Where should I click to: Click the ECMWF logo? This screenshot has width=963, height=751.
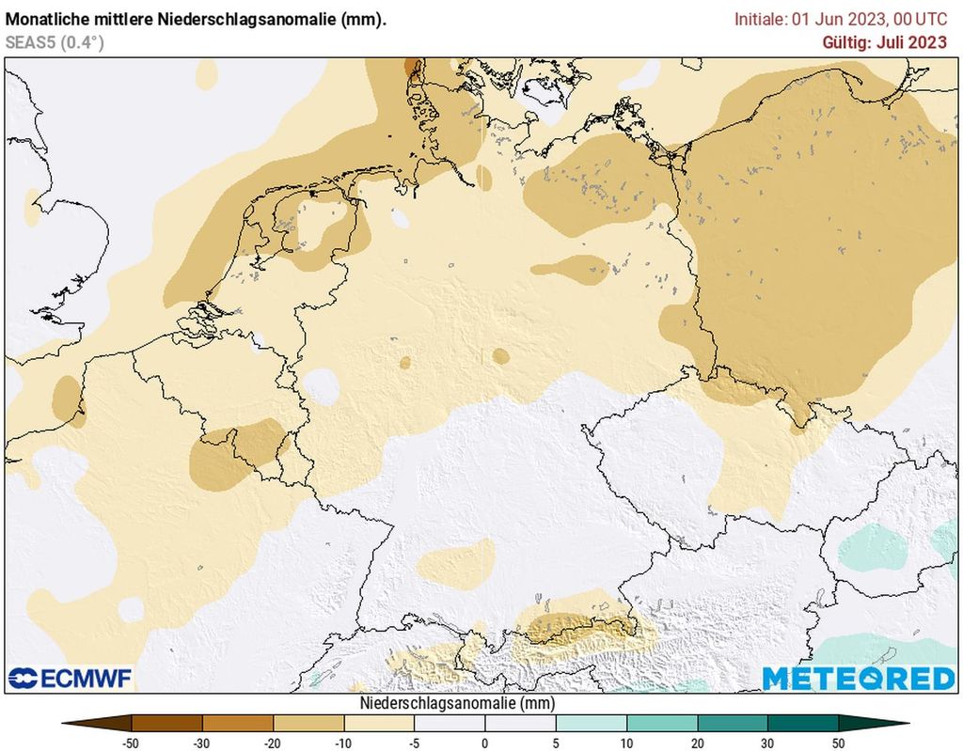point(71,678)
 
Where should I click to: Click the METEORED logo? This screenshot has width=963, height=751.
point(858,678)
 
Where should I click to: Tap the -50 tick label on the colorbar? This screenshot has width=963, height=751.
point(132,743)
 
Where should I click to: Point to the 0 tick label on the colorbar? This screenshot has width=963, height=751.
point(485,743)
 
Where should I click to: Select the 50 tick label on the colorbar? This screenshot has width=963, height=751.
point(838,743)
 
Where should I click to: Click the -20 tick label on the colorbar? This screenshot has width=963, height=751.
point(273,743)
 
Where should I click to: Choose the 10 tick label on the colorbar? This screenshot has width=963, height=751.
point(626,743)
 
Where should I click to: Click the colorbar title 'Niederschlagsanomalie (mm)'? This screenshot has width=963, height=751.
point(456,703)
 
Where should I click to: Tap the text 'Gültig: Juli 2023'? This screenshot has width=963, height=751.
point(884,41)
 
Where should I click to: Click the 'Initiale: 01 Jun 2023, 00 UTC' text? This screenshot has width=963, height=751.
point(841,19)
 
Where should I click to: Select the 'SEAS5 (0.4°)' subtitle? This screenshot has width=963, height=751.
point(55,41)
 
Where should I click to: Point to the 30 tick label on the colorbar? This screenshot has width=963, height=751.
point(767,743)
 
